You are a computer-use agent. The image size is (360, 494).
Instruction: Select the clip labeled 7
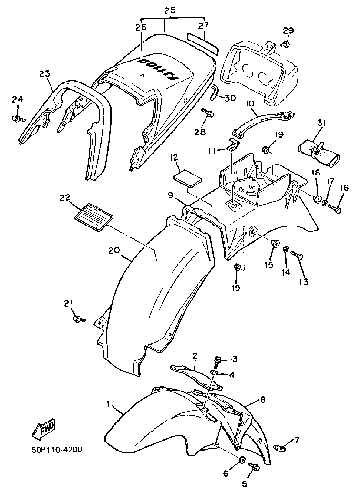click(x=281, y=447)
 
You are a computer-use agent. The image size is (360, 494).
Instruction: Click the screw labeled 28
click(x=208, y=113)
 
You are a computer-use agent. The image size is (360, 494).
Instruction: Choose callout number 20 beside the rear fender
click(x=113, y=250)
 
